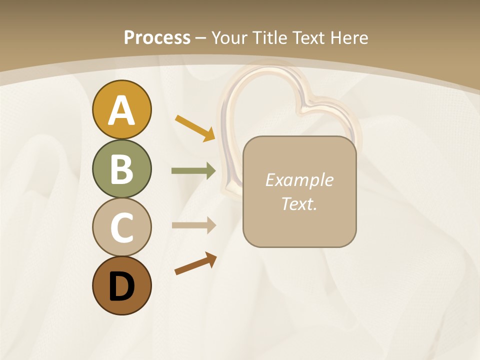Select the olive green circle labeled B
[x=121, y=169]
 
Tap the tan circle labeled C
[x=121, y=227]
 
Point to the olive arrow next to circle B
[x=193, y=171]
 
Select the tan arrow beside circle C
[x=193, y=225]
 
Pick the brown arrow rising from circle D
[x=195, y=264]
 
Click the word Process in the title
[x=157, y=37]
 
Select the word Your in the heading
[x=229, y=37]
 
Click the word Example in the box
[x=299, y=180]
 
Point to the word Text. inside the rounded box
[x=299, y=204]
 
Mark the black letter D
[x=121, y=286]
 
